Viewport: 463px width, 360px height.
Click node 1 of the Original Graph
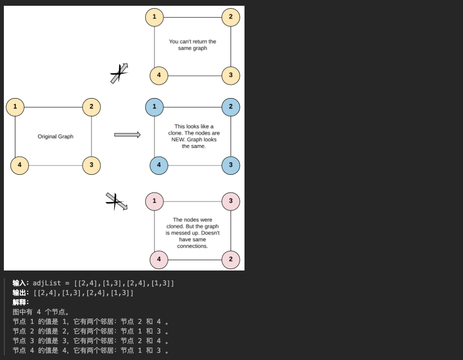point(15,107)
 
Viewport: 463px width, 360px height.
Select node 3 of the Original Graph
point(91,166)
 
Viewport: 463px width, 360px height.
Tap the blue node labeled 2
point(231,107)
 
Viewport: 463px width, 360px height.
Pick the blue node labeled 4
point(159,166)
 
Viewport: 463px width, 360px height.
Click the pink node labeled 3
point(231,201)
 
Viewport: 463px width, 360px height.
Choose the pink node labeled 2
point(231,259)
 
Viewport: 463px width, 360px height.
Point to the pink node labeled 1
point(154,201)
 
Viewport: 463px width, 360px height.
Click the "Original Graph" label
point(55,137)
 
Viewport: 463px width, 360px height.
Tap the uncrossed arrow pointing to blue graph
point(127,135)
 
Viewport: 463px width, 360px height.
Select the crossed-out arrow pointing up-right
point(119,74)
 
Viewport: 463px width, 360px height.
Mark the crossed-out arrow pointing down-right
point(116,201)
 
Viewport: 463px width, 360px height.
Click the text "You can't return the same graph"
point(193,45)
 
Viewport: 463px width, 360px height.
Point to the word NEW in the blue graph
point(178,140)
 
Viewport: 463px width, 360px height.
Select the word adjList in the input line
point(47,283)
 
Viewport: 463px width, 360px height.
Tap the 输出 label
point(20,293)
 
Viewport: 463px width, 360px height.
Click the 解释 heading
point(20,302)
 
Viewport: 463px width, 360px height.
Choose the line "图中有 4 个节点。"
point(41,312)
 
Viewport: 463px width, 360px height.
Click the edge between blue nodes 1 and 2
point(193,107)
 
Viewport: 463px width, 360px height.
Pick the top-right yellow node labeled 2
point(231,17)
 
